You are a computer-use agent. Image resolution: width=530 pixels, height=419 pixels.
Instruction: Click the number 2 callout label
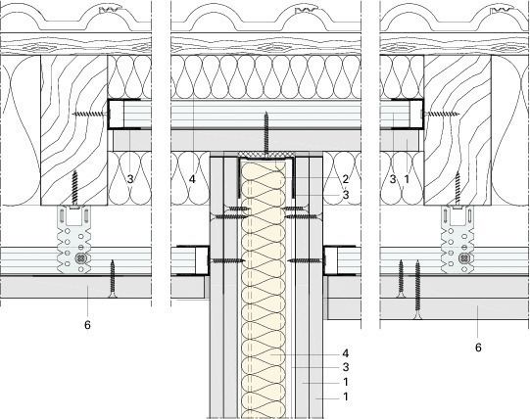pos(345,179)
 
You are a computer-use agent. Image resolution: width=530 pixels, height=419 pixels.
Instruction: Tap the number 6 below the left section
pos(87,325)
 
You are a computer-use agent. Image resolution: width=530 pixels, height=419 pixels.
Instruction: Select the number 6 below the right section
pos(478,348)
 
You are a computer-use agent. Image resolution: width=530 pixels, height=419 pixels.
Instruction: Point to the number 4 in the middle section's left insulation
pos(192,179)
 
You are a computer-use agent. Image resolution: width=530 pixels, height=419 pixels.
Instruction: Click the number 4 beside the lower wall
pos(345,353)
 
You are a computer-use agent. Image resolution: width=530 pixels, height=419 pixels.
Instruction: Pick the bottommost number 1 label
pos(346,396)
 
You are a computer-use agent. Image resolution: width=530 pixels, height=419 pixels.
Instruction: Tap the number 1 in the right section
pos(407,179)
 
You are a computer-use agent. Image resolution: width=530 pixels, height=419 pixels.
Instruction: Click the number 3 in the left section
pos(130,179)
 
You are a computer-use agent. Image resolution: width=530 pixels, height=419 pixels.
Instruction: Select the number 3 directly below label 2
pos(345,195)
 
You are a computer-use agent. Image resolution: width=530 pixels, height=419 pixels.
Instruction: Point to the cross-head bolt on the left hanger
pos(81,258)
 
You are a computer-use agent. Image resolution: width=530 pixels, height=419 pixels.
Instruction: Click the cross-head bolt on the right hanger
pos(463,258)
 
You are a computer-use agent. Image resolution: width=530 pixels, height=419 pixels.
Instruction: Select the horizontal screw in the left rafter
pos(91,114)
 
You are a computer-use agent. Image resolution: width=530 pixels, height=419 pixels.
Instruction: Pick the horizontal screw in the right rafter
pos(439,114)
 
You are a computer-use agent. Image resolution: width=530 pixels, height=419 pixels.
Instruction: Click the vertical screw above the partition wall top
pos(266,134)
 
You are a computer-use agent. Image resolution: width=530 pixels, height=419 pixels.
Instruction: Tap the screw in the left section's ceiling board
pos(113,279)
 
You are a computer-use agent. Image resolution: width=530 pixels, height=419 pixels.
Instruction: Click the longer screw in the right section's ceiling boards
pos(417,290)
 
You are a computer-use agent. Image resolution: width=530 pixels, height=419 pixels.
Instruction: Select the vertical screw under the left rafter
pos(74,190)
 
